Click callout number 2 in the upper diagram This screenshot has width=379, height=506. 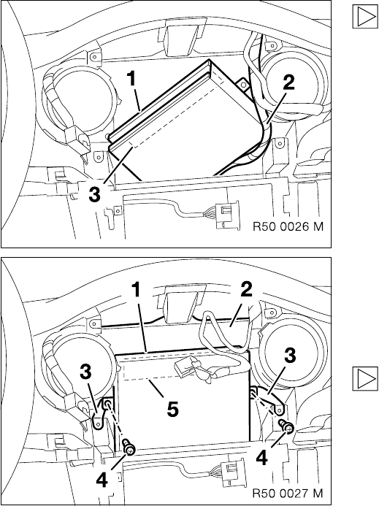288,83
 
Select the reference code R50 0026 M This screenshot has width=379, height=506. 288,226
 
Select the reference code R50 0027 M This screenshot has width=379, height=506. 288,493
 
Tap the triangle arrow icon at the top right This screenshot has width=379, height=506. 365,17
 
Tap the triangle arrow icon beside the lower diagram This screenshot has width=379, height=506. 365,378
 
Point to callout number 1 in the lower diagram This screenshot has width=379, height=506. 137,290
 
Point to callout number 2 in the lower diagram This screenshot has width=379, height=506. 246,290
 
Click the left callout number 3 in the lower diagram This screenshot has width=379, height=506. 86,372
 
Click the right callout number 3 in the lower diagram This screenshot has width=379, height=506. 290,356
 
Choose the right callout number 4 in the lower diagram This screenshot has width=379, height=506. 262,459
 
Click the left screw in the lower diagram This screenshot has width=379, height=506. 129,448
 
